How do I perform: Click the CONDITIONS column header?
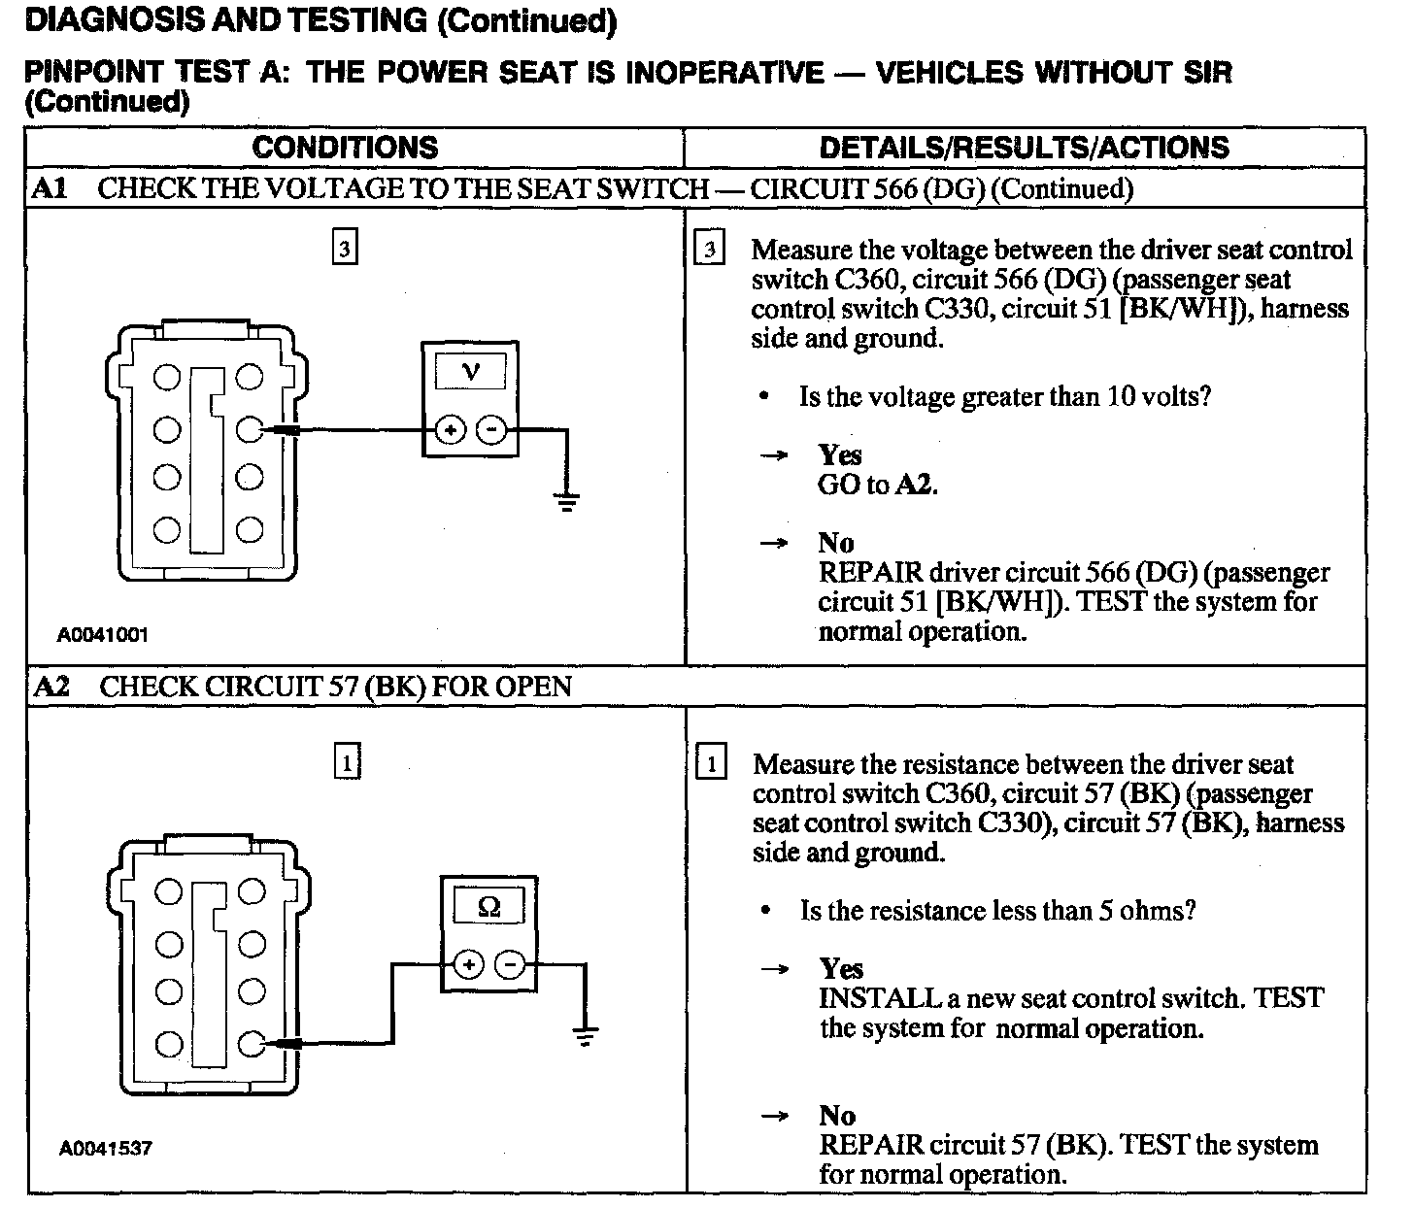tap(345, 148)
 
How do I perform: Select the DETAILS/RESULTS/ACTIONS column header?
tap(1024, 148)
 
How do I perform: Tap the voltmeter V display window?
tap(471, 372)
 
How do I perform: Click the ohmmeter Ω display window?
tap(489, 907)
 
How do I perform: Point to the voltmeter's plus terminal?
tap(450, 429)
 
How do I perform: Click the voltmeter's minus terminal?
tap(492, 429)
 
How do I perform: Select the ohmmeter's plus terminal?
tap(468, 964)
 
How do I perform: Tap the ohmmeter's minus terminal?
tap(510, 964)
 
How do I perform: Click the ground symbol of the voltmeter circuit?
tap(566, 503)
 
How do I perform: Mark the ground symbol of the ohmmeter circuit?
tap(585, 1036)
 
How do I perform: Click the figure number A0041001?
tap(102, 635)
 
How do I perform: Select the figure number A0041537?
tap(105, 1148)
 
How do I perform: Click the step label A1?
tap(50, 188)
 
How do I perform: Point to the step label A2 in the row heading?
tap(51, 687)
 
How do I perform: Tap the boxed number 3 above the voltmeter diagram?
tap(345, 249)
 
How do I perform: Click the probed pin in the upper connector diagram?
tap(250, 429)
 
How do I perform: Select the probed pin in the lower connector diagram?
tap(252, 1044)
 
